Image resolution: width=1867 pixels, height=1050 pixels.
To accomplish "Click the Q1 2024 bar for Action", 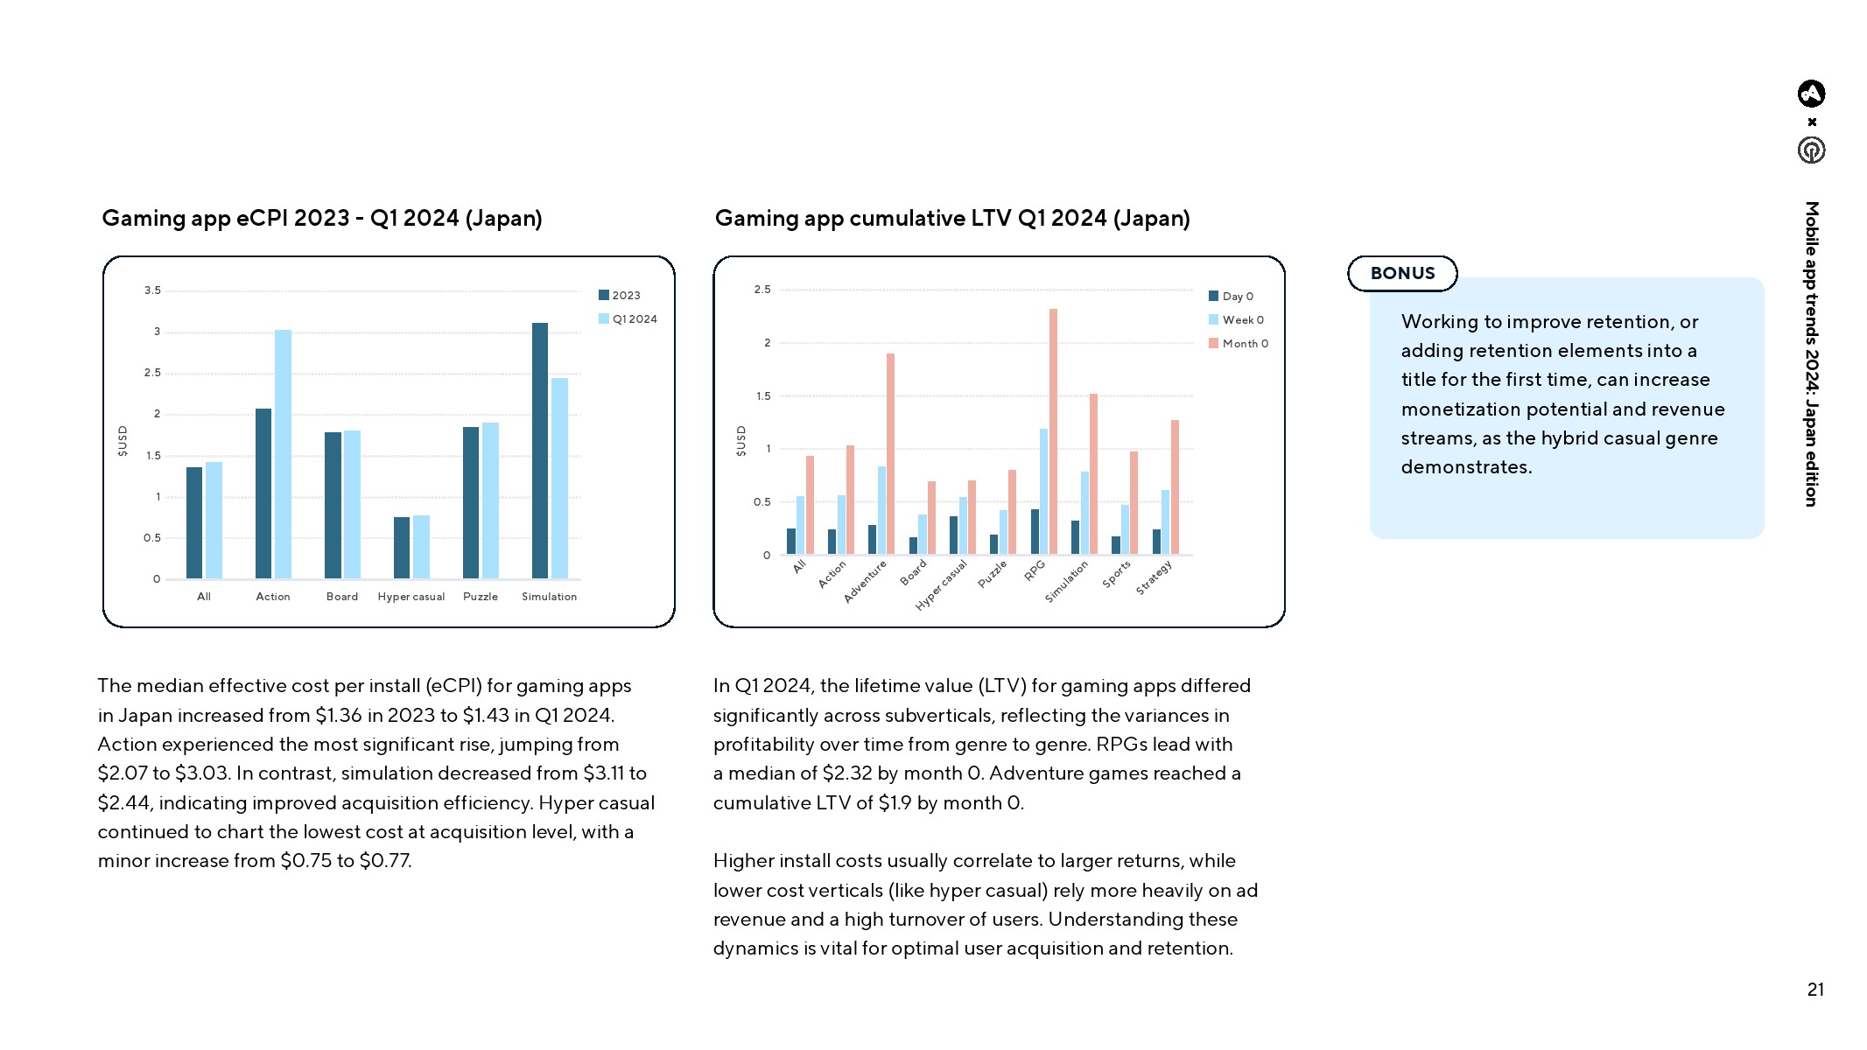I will point(283,454).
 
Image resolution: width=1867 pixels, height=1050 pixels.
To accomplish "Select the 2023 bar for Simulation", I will point(540,451).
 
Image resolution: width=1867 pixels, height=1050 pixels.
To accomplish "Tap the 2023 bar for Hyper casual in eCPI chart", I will point(402,548).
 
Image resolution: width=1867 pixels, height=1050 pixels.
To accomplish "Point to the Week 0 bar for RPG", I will point(1043,491).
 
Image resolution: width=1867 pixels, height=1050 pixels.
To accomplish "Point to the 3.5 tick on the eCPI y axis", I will point(152,290).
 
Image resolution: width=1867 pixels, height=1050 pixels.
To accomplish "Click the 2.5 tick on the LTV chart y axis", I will point(762,290).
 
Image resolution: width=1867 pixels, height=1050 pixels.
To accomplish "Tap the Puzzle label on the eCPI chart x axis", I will point(481,597).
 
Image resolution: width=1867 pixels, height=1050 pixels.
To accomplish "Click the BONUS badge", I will point(1402,273).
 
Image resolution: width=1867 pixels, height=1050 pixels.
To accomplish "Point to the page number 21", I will point(1815,990).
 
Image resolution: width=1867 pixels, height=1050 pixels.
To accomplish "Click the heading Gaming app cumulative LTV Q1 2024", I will point(952,218).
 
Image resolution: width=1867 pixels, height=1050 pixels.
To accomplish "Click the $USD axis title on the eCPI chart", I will point(123,441).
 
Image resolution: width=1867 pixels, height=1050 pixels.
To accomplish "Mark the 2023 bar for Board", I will point(333,505).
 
